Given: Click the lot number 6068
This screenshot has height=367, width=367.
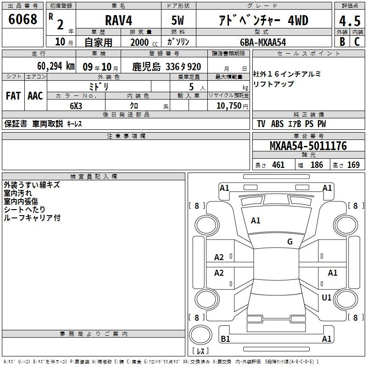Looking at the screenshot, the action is (x=22, y=19).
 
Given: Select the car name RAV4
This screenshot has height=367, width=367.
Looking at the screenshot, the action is (x=118, y=20).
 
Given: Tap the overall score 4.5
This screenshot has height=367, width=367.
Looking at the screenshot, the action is (x=350, y=21).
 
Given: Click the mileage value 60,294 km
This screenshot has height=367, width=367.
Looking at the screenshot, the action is (x=56, y=66).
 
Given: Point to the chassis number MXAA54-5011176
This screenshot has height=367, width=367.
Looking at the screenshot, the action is (x=308, y=146).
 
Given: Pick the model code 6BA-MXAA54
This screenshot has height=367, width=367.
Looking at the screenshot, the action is (x=263, y=42).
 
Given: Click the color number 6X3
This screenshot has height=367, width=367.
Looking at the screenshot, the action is (x=76, y=106).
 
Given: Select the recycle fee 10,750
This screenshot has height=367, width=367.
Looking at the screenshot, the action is (x=229, y=106).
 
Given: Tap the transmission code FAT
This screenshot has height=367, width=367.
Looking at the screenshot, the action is (x=13, y=96).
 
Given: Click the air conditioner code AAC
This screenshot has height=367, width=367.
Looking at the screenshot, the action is (x=35, y=96).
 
